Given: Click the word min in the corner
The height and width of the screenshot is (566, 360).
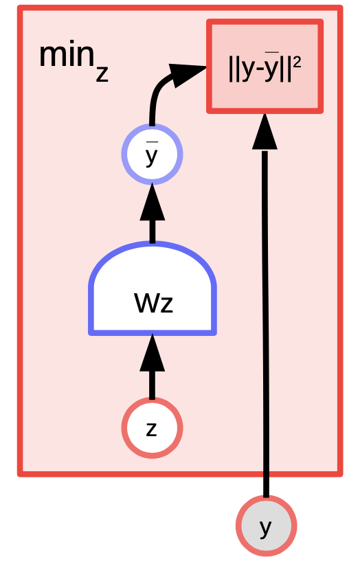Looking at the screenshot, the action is (x=67, y=55).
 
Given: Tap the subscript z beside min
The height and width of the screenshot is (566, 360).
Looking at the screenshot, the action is (x=102, y=74).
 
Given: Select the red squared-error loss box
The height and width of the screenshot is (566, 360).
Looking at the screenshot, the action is (x=265, y=67).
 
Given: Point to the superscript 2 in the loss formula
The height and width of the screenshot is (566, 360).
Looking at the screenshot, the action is (x=297, y=63).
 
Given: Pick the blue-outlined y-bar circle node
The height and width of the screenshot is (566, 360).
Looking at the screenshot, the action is (x=152, y=155).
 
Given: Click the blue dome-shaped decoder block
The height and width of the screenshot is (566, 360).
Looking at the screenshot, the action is (x=153, y=288).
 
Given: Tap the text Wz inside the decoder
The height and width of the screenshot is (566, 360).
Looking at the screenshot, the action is (x=153, y=302).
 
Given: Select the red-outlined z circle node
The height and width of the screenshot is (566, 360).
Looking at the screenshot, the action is (x=152, y=428).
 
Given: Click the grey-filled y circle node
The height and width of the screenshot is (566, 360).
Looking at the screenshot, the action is (x=267, y=525).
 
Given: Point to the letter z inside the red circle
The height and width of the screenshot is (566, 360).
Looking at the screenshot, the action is (x=152, y=429).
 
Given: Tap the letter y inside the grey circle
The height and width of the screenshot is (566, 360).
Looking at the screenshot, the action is (x=265, y=528).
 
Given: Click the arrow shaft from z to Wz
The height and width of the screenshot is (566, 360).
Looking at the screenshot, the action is (x=153, y=385).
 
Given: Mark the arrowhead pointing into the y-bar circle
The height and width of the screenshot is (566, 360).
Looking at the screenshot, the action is (x=153, y=202).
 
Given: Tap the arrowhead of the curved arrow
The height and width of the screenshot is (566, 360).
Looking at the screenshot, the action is (x=187, y=75).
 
